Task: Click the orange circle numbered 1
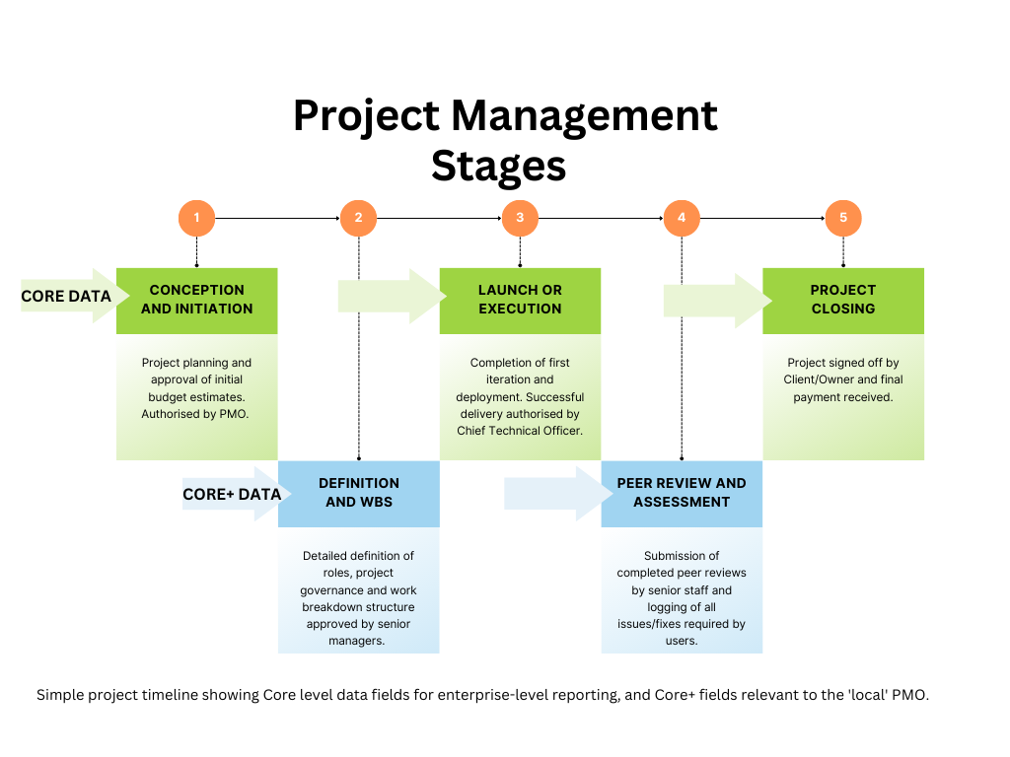[197, 218]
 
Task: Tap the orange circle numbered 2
[358, 218]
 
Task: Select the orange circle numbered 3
[520, 218]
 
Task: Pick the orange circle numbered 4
[682, 218]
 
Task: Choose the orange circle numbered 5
[843, 218]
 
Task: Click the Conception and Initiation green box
[197, 300]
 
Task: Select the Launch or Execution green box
[520, 300]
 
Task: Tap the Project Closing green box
[843, 300]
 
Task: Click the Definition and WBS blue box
[358, 493]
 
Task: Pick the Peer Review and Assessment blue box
[682, 493]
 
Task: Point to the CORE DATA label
[66, 296]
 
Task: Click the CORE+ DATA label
[232, 494]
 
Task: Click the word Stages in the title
[499, 166]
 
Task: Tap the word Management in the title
[585, 115]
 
